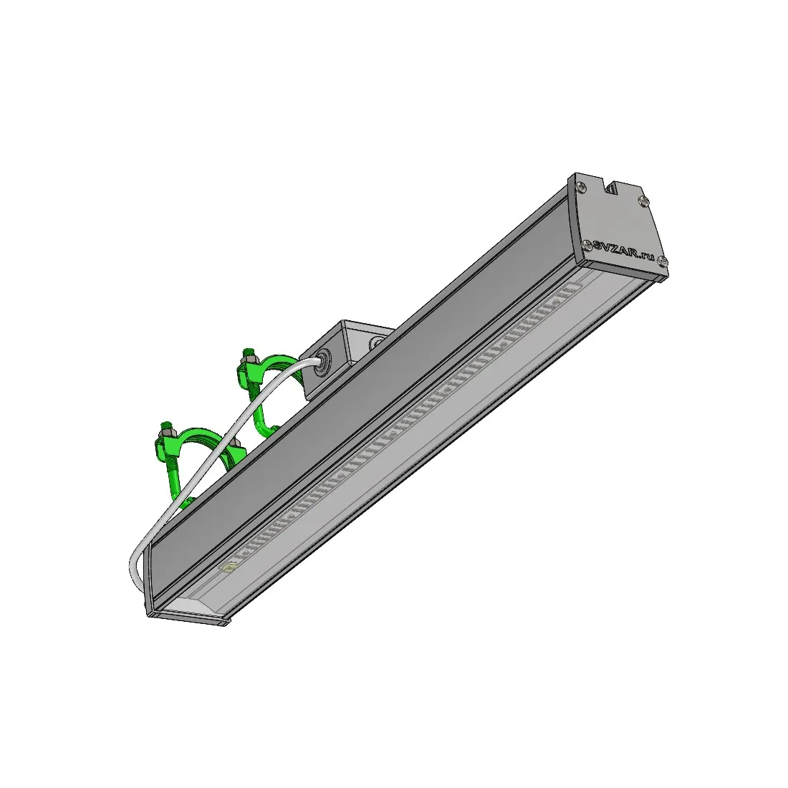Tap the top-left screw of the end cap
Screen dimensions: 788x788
point(580,186)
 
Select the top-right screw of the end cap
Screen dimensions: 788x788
point(643,201)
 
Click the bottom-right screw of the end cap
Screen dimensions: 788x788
point(663,260)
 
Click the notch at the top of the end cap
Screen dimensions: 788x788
point(612,187)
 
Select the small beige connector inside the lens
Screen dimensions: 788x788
point(230,567)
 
